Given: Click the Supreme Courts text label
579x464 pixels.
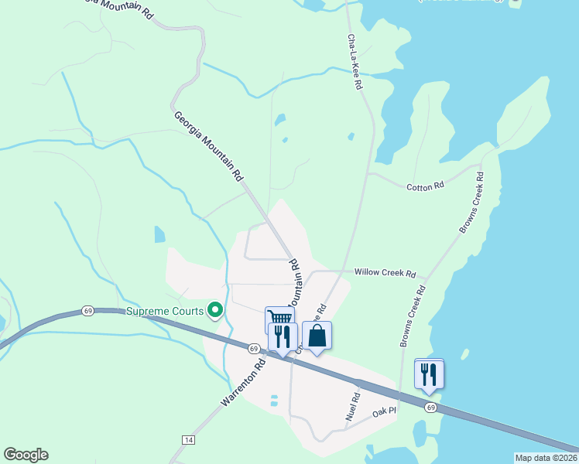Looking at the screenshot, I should click(x=165, y=312).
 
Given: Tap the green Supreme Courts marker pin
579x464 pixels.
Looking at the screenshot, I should click(x=216, y=311).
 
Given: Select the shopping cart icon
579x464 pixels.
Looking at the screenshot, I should click(x=279, y=318).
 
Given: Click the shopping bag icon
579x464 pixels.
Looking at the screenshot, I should click(x=317, y=336).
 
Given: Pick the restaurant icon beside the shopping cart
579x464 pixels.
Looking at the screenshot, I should click(x=283, y=336).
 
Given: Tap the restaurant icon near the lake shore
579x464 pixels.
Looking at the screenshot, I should click(x=429, y=374).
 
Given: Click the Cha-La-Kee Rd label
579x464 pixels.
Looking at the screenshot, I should click(x=355, y=63).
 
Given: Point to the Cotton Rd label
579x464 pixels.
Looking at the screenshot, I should click(x=425, y=186).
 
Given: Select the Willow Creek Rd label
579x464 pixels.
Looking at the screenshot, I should click(x=385, y=273).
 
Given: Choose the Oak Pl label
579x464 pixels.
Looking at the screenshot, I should click(x=384, y=412).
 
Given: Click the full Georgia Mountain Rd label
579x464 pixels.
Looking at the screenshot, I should click(x=208, y=146).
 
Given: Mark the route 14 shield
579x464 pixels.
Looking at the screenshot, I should click(x=187, y=439).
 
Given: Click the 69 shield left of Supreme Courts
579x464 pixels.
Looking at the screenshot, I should click(x=87, y=311).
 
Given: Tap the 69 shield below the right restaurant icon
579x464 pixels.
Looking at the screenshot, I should click(x=430, y=407).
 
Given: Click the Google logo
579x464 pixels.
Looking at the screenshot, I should click(x=26, y=455).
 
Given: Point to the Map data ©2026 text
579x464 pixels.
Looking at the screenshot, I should click(x=546, y=458).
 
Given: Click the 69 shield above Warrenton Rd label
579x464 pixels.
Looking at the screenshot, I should click(x=254, y=349).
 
